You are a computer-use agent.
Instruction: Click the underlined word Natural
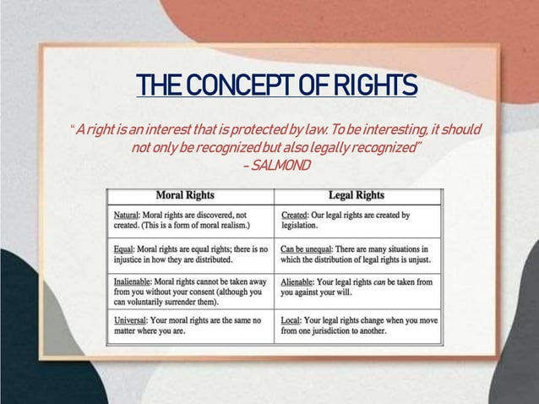[x=128, y=216]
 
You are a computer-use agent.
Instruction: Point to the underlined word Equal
[x=126, y=249]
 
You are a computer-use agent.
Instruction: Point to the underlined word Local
[x=292, y=320]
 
